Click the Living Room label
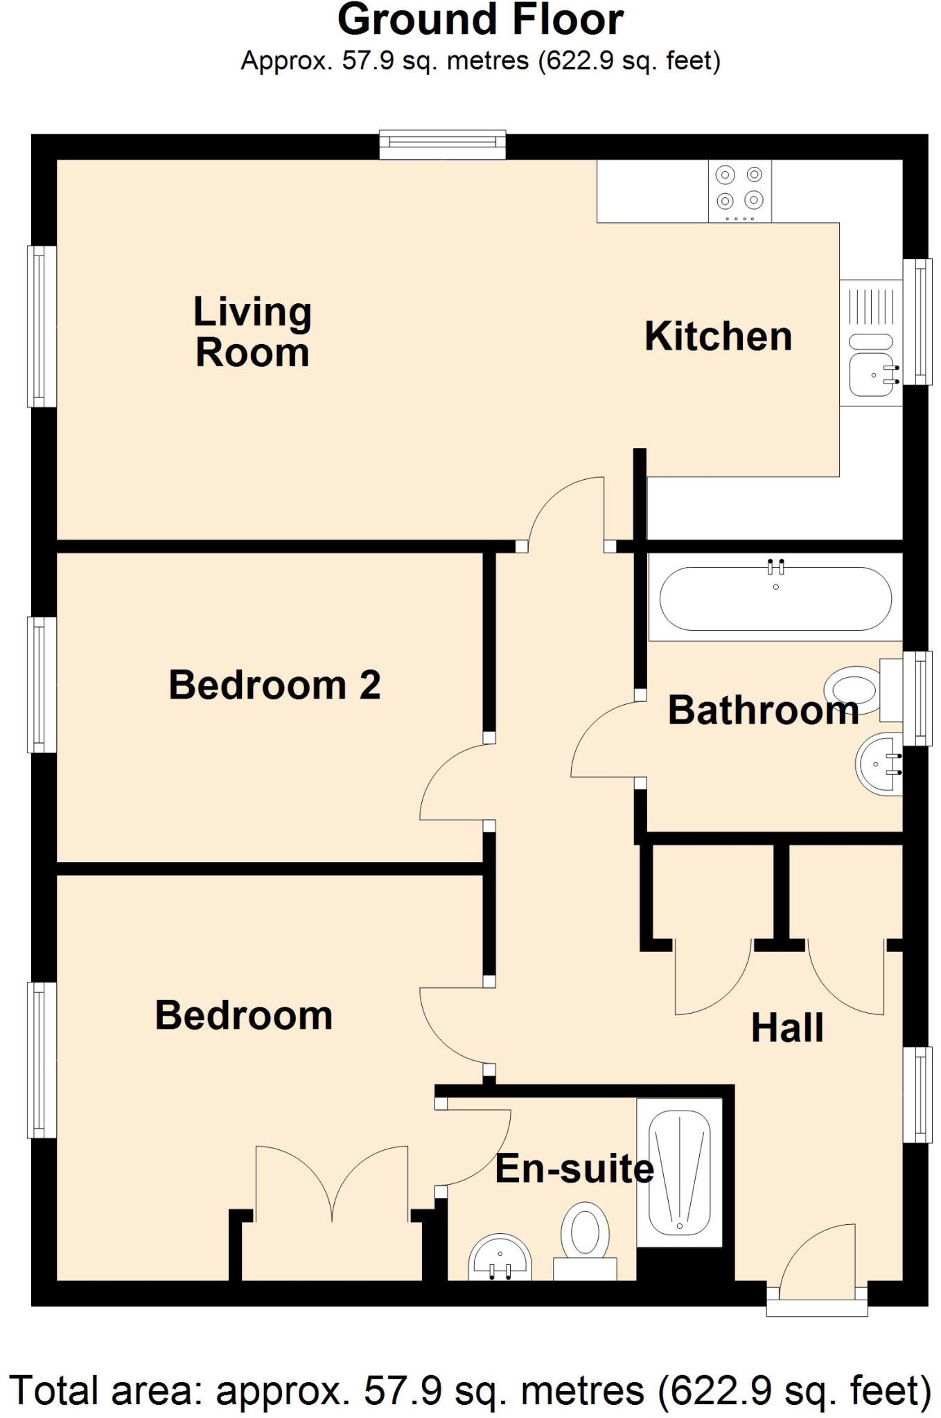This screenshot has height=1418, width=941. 252,332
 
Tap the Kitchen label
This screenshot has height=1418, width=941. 718,336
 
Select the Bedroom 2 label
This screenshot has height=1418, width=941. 274,685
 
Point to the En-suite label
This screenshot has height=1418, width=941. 574,1169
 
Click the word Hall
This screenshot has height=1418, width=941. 787,1028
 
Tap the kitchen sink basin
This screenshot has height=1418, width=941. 872,377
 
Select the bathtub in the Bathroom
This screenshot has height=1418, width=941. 775,599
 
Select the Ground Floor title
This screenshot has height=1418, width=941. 480,21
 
